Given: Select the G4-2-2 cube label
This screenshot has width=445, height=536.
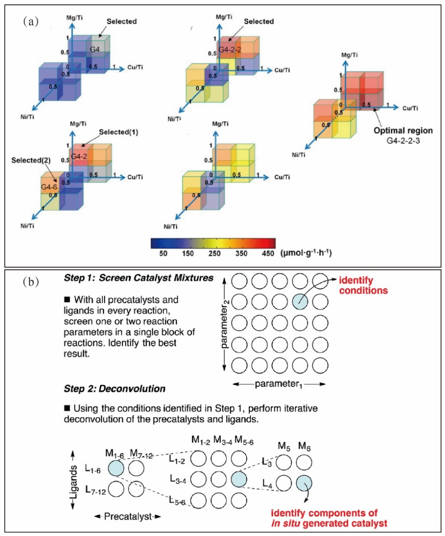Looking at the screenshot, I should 230,49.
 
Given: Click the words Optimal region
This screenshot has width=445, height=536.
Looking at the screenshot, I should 403,130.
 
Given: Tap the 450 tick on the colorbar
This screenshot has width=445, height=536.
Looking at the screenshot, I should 268,253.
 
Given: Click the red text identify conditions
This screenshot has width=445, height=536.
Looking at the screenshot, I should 363,286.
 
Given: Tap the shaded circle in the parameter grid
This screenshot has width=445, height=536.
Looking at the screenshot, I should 300,302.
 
